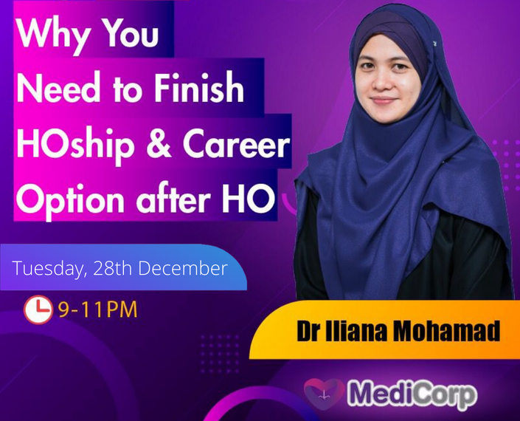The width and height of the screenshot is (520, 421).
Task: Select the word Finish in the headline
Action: tap(198, 87)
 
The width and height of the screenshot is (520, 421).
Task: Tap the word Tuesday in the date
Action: tap(46, 268)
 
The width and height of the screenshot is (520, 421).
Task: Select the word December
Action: tap(183, 268)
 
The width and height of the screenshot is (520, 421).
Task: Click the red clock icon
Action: tap(38, 309)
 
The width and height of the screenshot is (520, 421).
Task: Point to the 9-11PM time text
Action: tap(97, 309)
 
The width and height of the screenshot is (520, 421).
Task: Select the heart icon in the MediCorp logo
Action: tap(324, 394)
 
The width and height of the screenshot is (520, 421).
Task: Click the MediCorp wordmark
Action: tap(412, 394)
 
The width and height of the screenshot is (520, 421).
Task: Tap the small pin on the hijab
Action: tap(434, 43)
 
